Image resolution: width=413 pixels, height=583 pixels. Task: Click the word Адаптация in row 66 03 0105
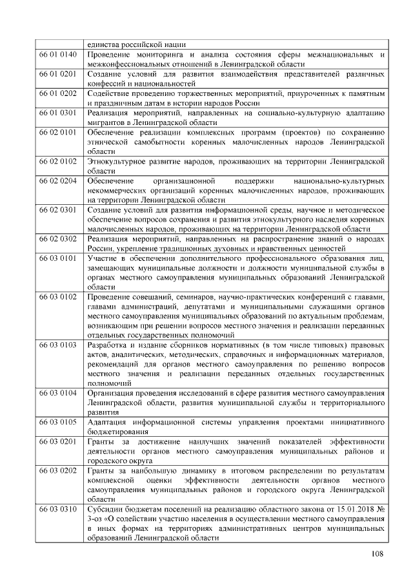(108, 421)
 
